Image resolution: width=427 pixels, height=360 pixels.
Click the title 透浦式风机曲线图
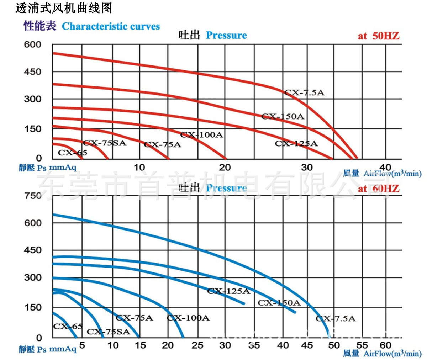coord(64,7)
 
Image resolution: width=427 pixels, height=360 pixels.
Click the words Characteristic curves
coord(111,26)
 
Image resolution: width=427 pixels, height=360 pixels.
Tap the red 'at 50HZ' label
coord(378,36)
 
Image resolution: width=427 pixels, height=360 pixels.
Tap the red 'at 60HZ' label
coord(378,189)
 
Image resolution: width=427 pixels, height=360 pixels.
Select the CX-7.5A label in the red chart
coord(305,92)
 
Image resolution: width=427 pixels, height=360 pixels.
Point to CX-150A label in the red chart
coord(283,116)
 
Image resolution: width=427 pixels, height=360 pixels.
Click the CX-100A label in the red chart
coord(202,135)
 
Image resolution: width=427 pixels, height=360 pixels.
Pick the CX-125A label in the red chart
coord(296,144)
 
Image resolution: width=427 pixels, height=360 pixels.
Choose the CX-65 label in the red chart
coord(72,153)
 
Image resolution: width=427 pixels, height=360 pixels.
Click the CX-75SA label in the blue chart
coord(109,332)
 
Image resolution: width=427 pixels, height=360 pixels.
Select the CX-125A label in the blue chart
coord(228,291)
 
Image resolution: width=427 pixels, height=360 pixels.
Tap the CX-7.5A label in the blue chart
coord(336,318)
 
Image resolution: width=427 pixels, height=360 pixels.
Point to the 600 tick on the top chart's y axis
coord(32,45)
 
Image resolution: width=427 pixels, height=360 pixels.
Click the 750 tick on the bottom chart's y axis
coord(33,196)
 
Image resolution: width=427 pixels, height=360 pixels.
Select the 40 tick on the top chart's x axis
coord(385,167)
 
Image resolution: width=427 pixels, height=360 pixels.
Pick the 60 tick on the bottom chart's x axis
coord(385,345)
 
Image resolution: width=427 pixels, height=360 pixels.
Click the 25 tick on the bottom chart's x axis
coord(197,345)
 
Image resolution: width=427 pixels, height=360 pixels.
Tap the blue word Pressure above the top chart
coord(226,36)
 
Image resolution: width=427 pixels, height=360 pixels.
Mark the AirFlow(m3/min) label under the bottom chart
coord(392,353)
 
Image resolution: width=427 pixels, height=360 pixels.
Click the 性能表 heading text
coord(40,26)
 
